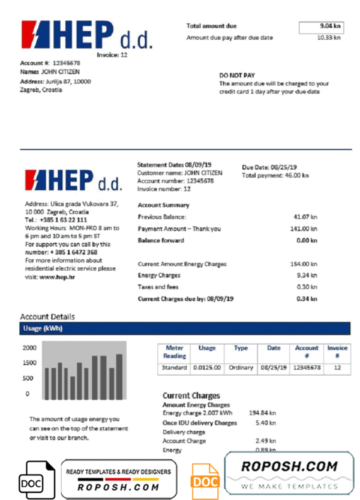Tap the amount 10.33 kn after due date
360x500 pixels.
click(328, 38)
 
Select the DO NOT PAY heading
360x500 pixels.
click(237, 76)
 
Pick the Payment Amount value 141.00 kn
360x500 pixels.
click(304, 229)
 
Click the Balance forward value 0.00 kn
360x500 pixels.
click(306, 241)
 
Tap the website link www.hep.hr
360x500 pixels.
click(56, 277)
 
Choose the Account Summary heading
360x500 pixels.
click(163, 205)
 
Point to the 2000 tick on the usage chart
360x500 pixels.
click(30, 348)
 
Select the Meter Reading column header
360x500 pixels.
click(174, 352)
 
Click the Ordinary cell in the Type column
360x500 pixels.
click(241, 367)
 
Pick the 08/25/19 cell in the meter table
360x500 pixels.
click(274, 367)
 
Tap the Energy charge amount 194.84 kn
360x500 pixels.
click(263, 414)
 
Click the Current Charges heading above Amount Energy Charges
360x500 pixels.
click(191, 396)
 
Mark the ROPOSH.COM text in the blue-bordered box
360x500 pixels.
click(289, 466)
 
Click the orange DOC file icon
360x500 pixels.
click(205, 480)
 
